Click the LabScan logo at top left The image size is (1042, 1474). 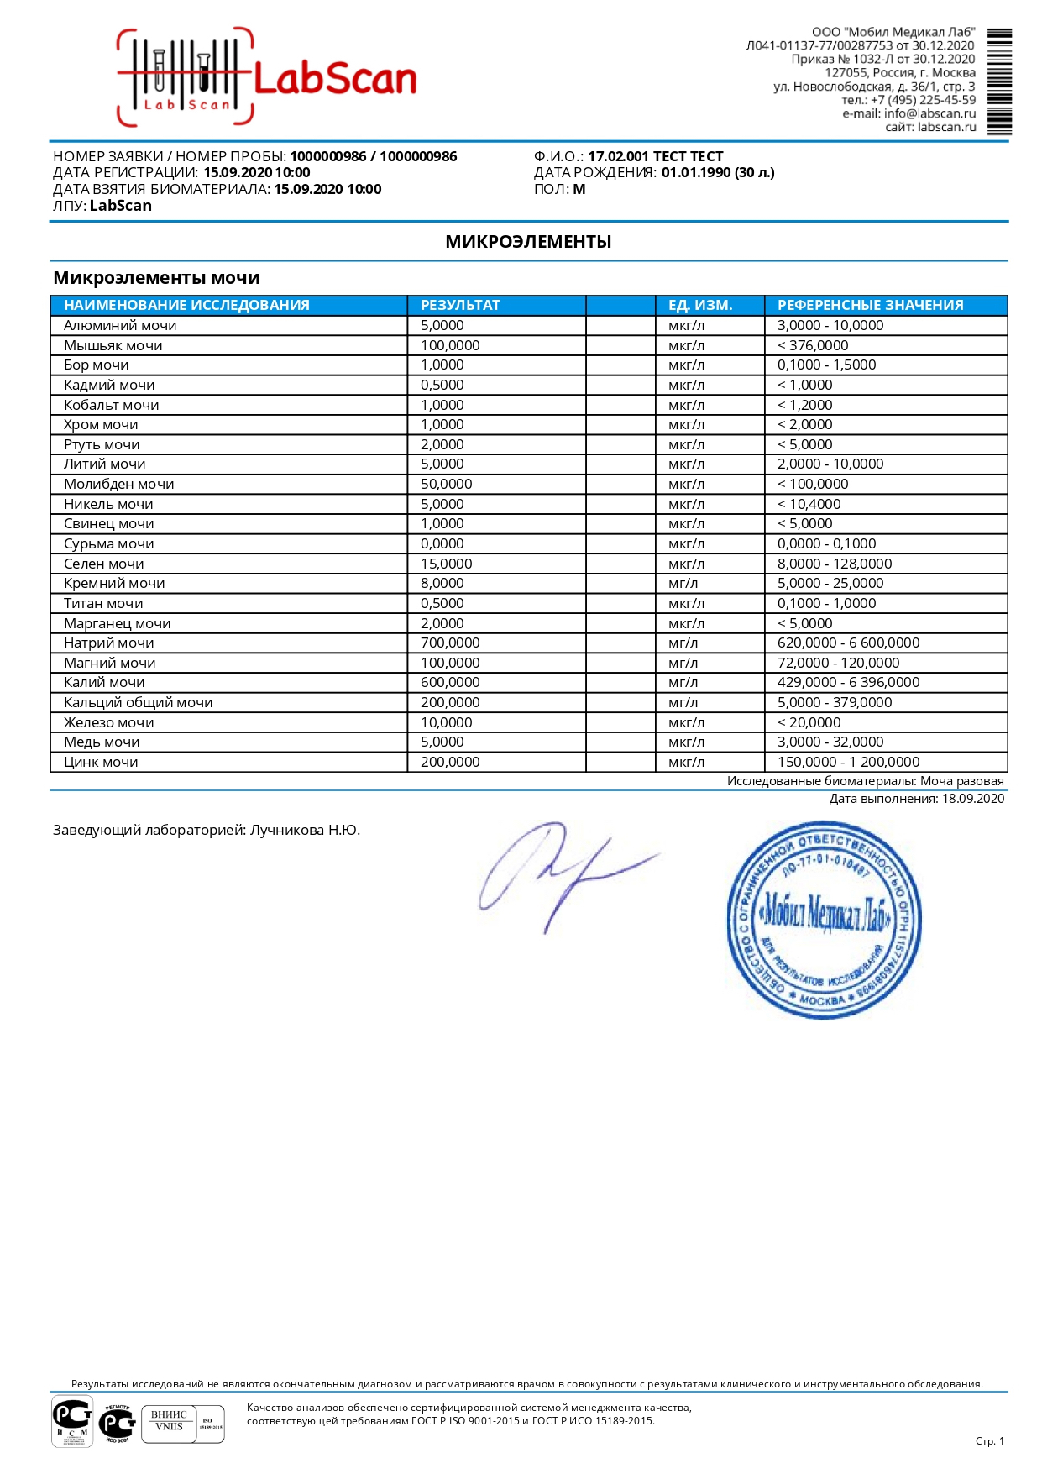click(267, 78)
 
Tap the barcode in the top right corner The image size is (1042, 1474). click(998, 81)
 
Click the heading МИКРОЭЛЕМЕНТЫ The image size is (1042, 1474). click(528, 242)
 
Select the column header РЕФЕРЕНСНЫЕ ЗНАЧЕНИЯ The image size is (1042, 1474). click(870, 305)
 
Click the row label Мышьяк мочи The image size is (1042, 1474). click(113, 345)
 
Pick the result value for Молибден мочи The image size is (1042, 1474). click(447, 484)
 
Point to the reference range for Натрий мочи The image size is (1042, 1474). click(848, 643)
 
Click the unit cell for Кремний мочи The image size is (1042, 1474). click(683, 583)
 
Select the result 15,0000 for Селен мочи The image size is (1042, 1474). click(447, 564)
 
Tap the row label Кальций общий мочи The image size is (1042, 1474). click(139, 702)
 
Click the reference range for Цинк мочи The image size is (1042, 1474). click(848, 762)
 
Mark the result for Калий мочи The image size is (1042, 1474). click(450, 682)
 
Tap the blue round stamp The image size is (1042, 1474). click(824, 920)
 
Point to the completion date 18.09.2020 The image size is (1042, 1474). click(972, 799)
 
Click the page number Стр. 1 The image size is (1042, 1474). click(989, 1440)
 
